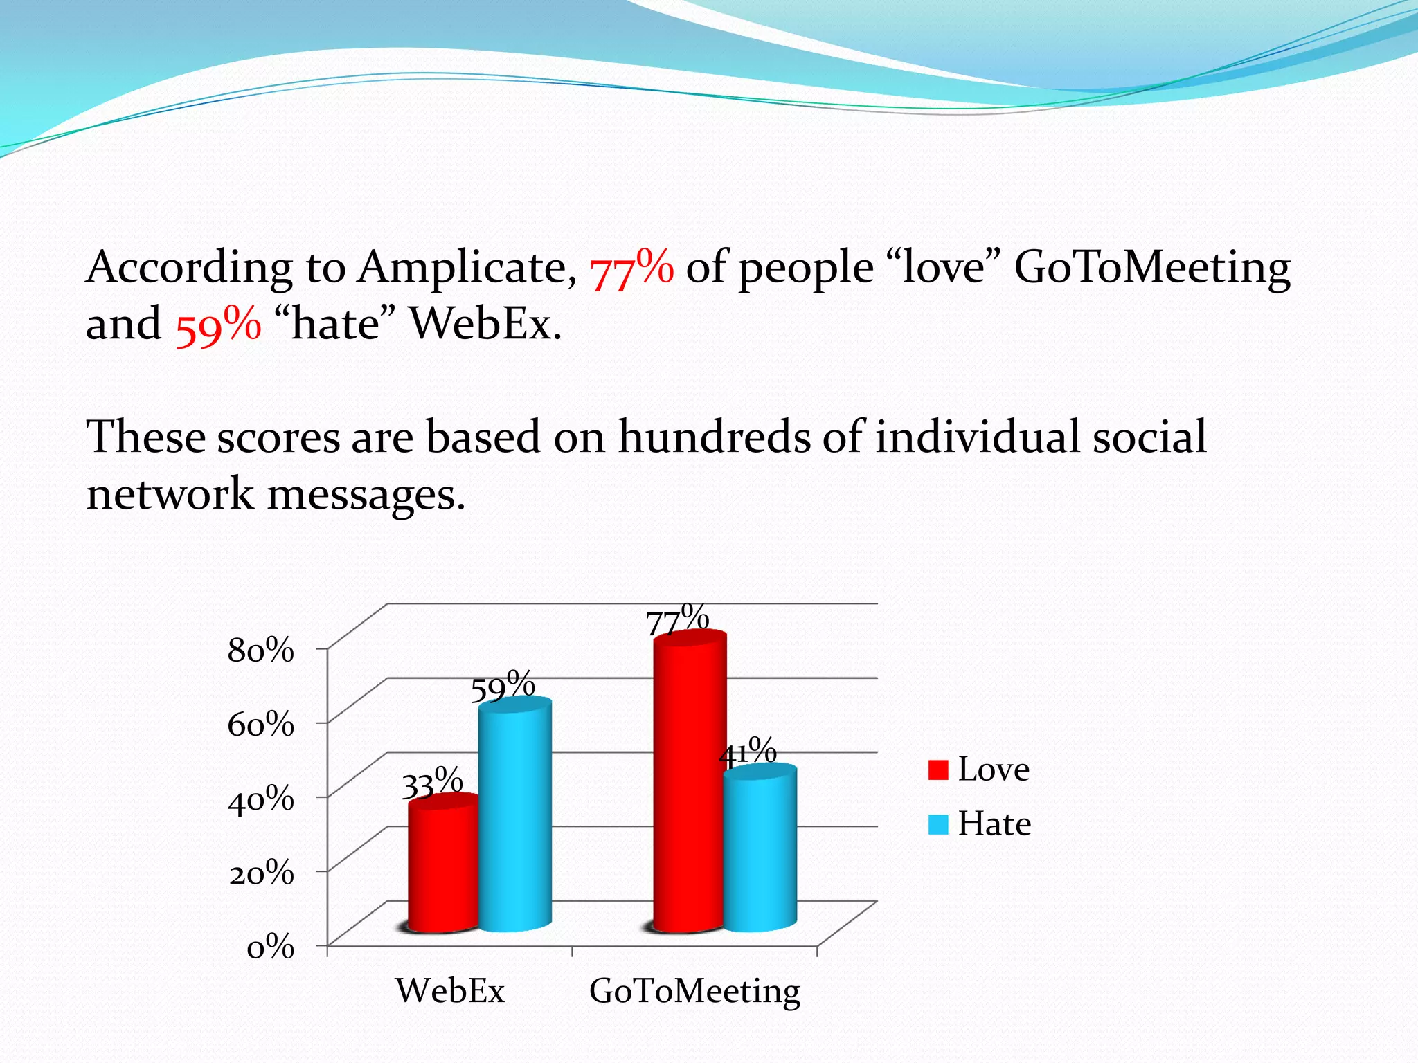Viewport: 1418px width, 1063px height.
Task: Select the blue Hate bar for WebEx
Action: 515,817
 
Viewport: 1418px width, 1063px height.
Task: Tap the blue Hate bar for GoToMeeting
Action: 760,851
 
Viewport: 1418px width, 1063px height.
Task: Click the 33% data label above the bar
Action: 432,783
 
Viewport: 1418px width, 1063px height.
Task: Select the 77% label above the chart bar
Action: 677,619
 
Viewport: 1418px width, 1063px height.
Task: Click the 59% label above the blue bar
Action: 503,686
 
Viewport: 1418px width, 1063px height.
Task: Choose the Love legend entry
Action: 979,770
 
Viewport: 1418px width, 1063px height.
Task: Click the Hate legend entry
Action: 979,824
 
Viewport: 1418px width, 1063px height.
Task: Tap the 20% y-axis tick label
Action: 261,873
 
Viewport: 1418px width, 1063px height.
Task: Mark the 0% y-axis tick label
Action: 271,947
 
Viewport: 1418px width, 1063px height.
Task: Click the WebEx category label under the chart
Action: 450,990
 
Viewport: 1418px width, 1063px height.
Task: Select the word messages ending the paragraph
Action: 366,496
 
